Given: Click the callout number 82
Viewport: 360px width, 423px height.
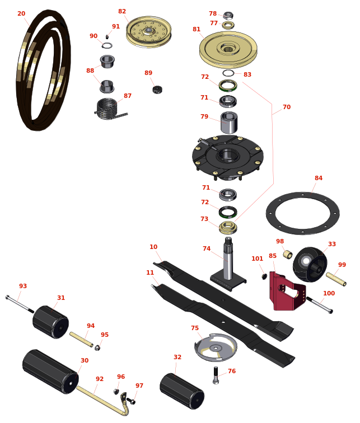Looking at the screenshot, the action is [122, 11].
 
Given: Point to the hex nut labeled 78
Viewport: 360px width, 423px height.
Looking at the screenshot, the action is [228, 15].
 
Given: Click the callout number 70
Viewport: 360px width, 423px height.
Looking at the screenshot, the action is [287, 107].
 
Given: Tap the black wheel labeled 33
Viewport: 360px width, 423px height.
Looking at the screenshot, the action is [310, 264].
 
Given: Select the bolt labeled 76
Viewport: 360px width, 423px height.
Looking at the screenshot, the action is [216, 375].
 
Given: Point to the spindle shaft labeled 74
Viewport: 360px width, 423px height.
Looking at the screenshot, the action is [228, 264].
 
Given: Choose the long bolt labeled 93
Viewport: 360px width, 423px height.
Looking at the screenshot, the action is [20, 304].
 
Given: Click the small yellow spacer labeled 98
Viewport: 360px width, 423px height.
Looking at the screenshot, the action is [288, 254].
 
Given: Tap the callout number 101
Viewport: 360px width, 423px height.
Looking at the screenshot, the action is [257, 258].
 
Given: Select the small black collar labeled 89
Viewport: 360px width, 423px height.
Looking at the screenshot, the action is [157, 90].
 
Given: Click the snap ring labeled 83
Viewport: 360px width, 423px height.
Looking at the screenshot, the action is [228, 73].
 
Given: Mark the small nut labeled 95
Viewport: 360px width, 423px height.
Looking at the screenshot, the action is [97, 347].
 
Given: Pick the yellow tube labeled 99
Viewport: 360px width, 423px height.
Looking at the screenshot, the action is [336, 279].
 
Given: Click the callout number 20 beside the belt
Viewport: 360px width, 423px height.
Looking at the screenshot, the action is [21, 13].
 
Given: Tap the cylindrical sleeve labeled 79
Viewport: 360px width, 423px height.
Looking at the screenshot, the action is [229, 123].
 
